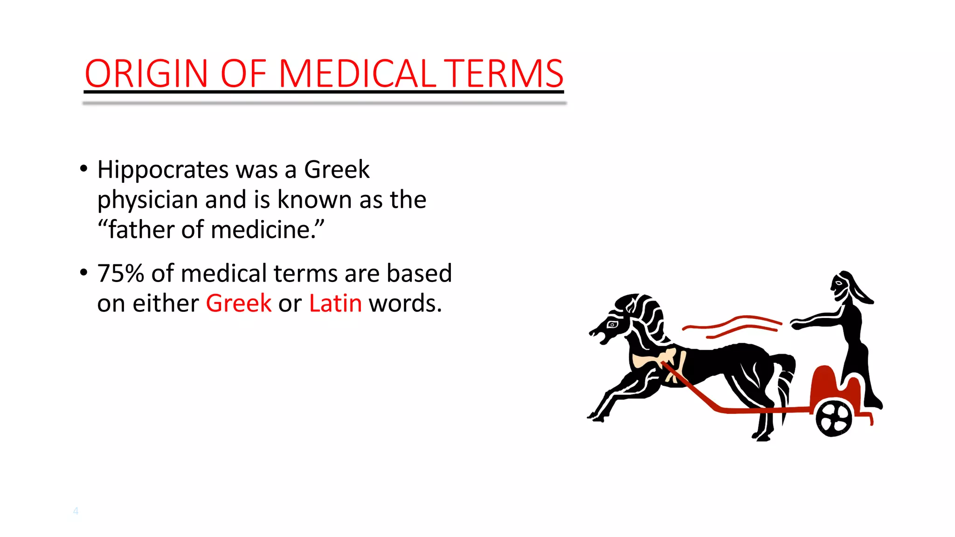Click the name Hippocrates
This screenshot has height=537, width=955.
point(163,170)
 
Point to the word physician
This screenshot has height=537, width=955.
point(147,200)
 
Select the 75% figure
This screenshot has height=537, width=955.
point(120,273)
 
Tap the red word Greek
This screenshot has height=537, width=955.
point(238,303)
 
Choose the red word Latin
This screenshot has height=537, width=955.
point(335,303)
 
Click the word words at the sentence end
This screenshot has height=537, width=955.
point(405,303)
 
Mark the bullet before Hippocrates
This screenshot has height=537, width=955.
point(83,168)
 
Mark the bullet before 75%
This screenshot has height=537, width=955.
point(83,272)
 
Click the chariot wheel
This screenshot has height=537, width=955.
point(834,418)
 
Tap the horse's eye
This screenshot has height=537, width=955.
point(612,324)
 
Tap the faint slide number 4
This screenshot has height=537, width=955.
point(76,511)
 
